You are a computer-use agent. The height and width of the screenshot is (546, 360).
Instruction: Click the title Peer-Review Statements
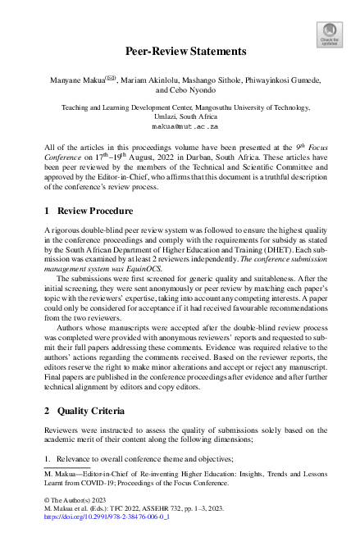coord(185,51)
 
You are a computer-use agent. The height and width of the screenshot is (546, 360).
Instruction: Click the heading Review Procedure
coord(93,211)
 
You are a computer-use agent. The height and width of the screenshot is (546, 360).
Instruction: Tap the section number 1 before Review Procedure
coord(47,211)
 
